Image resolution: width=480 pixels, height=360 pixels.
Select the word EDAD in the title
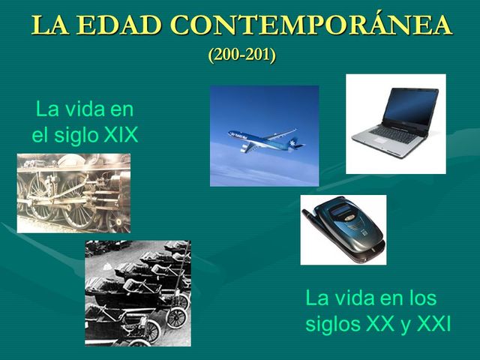[116, 25]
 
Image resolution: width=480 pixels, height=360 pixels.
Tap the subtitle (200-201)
[241, 55]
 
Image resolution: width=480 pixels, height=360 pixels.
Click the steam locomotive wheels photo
[73, 193]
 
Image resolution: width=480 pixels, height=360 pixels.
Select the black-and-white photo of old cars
[137, 292]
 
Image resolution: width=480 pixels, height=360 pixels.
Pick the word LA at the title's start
[46, 25]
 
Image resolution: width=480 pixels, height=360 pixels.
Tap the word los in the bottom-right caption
[421, 298]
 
